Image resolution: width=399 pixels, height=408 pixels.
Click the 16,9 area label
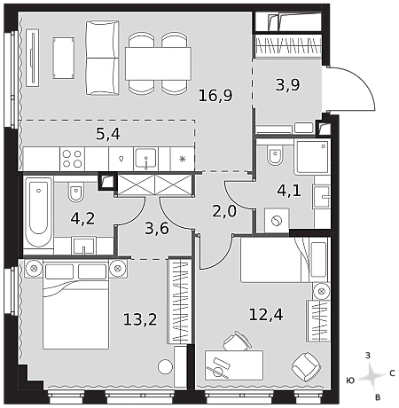click(x=215, y=96)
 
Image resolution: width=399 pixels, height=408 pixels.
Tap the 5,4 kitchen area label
click(x=108, y=134)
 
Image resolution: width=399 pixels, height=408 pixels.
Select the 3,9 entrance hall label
click(x=287, y=85)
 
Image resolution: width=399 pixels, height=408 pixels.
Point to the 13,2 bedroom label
click(x=140, y=319)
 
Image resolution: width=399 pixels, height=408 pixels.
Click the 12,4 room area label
click(x=266, y=314)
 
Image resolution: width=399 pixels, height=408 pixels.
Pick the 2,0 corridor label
click(x=224, y=211)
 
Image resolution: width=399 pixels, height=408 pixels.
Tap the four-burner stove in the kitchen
click(x=72, y=159)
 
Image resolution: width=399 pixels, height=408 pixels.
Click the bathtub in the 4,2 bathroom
click(x=38, y=212)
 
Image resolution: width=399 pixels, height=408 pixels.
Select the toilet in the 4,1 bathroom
click(x=275, y=155)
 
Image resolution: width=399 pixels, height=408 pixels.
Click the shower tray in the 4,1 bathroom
click(x=311, y=157)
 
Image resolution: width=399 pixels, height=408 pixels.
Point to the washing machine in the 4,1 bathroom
click(x=277, y=220)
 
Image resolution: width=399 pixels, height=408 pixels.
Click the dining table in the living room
click(x=158, y=64)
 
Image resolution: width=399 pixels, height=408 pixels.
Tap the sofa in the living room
click(x=102, y=58)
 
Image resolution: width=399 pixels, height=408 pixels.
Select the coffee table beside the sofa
click(x=64, y=58)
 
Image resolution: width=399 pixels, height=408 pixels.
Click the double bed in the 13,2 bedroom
click(x=75, y=305)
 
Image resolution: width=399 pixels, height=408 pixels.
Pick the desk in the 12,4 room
click(x=234, y=365)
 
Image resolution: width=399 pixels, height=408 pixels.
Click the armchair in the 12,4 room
click(x=306, y=366)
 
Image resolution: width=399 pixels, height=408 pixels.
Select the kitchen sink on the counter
click(x=145, y=159)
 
